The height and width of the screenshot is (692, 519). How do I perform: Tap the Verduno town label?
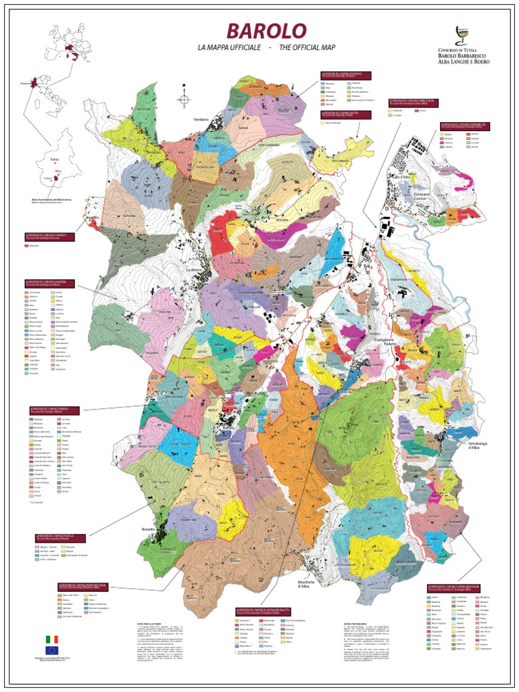point(201,119)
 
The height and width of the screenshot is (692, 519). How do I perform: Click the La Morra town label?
point(194,269)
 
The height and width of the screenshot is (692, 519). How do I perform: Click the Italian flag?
point(51,639)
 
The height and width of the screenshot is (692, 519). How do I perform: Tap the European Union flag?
point(51,650)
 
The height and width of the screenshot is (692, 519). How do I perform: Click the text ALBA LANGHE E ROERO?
point(464,60)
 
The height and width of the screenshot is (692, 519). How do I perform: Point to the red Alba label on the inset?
point(57,171)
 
